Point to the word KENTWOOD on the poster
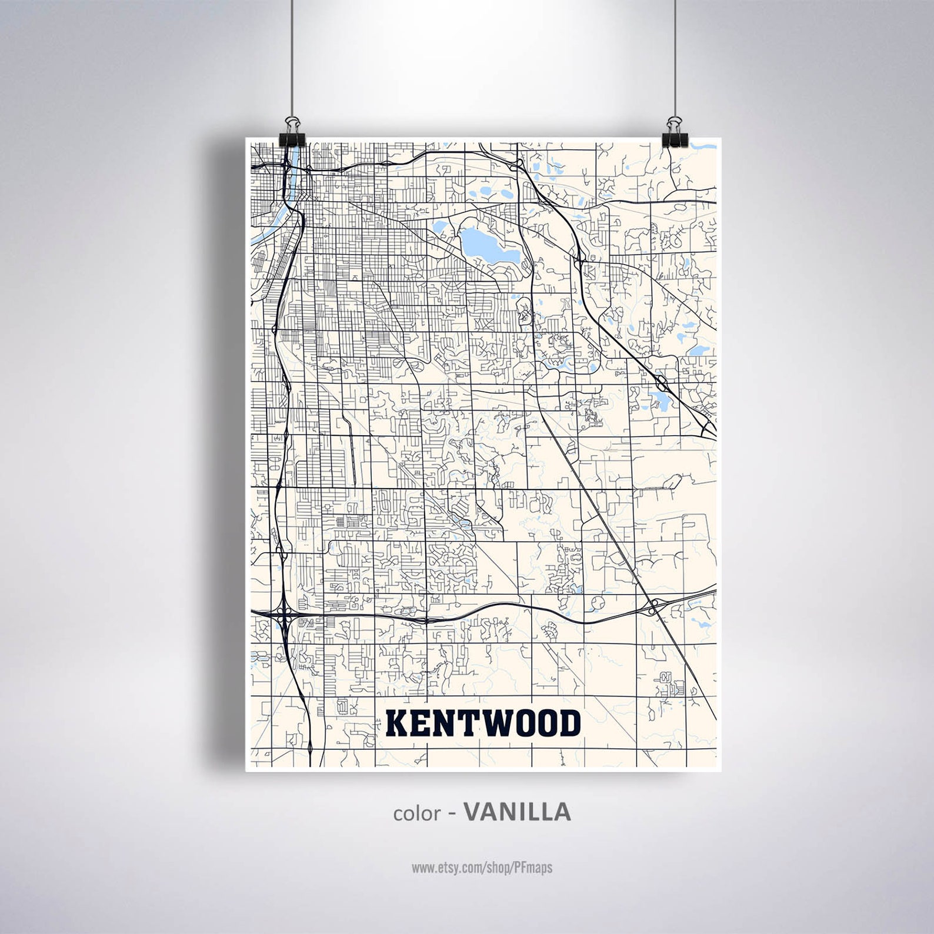483,723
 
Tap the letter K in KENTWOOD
397,723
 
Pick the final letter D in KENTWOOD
569,723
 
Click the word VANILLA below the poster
517,812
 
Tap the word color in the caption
416,813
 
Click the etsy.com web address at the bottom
482,867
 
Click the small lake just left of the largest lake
439,226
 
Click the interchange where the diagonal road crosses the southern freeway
653,608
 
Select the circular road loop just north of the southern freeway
598,602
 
